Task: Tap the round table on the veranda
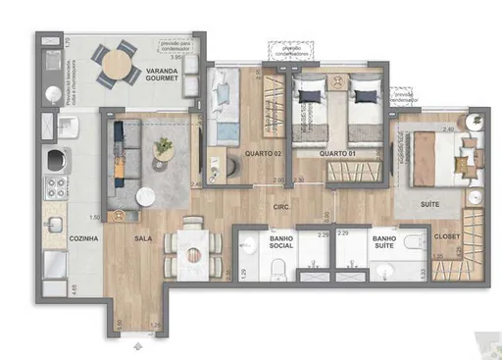tap(118, 64)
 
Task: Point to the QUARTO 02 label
tap(236, 154)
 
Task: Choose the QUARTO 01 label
tap(313, 154)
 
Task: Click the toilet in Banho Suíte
tap(412, 266)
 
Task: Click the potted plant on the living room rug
tap(163, 147)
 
